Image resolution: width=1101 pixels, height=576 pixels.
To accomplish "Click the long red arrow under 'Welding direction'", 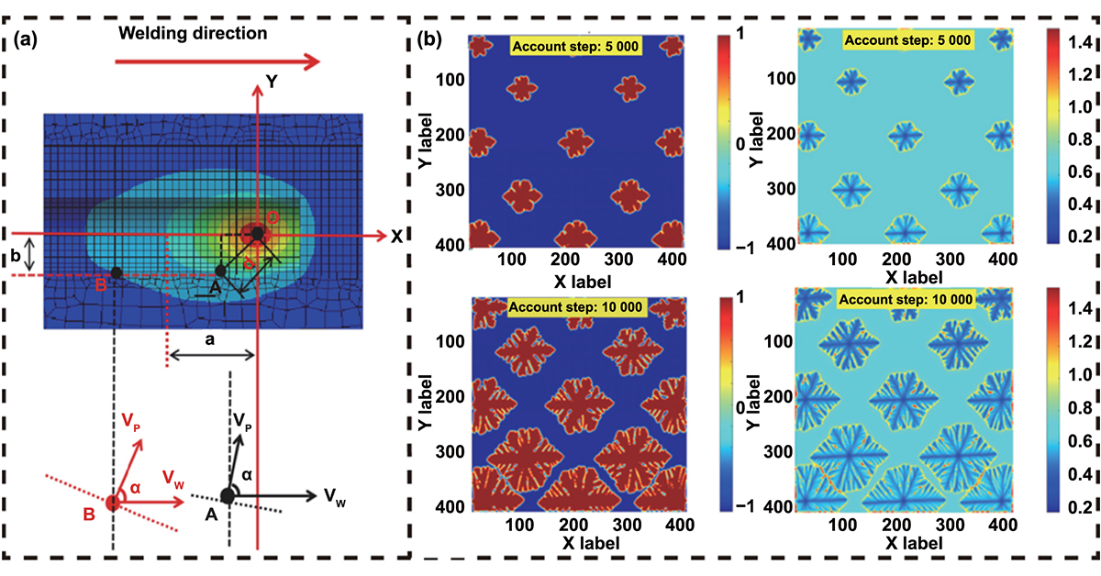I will pos(217,61).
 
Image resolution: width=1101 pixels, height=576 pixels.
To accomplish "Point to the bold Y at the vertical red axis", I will pos(272,81).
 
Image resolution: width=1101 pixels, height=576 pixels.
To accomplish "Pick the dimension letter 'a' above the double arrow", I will pos(210,339).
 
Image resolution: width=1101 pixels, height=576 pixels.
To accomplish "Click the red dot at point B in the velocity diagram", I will pos(113,502).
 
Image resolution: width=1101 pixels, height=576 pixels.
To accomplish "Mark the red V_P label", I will pos(132,421).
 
